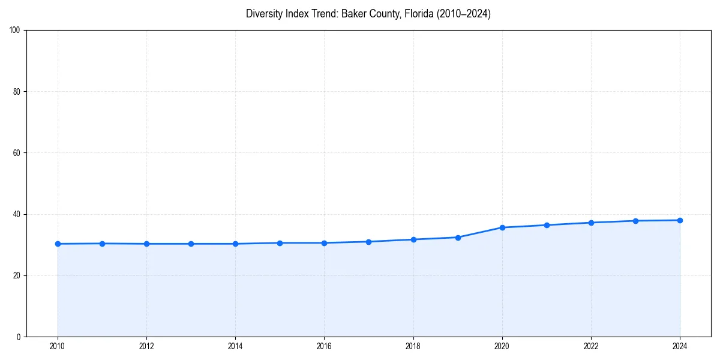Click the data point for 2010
point(58,244)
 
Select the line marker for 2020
point(502,227)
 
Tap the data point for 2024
point(680,220)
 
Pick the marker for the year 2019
point(458,238)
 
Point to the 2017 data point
point(369,242)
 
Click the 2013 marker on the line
point(191,244)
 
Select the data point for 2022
point(591,223)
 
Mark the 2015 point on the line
point(280,243)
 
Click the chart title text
point(368,14)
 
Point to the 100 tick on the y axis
point(15,31)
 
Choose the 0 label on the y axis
point(19,337)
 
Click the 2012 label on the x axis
point(146,346)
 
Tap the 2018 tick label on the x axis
point(413,346)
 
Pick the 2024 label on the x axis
point(680,346)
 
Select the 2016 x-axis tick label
point(324,346)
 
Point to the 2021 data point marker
point(547,225)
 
